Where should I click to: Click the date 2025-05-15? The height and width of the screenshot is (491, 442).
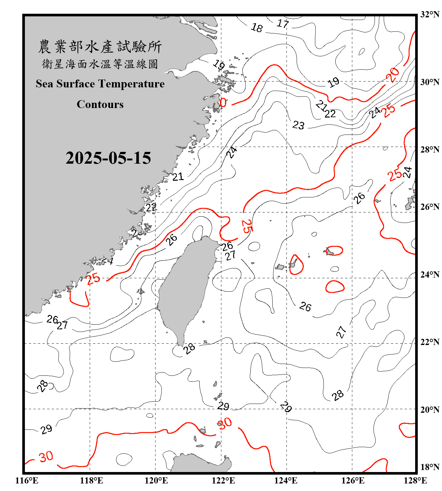(108, 158)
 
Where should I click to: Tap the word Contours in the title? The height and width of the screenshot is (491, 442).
(100, 104)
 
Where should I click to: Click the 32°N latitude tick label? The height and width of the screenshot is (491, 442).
(430, 14)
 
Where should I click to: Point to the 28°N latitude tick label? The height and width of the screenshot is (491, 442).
(430, 150)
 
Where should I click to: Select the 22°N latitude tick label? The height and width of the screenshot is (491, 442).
(430, 342)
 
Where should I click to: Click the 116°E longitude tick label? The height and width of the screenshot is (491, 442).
(27, 481)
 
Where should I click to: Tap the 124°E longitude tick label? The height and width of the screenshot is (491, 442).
(286, 481)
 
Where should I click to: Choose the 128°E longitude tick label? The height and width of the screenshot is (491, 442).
(415, 481)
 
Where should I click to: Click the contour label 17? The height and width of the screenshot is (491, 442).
(283, 24)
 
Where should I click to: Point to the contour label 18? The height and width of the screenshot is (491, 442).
(257, 28)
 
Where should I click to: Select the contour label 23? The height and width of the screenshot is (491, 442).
(298, 125)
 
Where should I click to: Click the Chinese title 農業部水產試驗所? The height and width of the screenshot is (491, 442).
(100, 47)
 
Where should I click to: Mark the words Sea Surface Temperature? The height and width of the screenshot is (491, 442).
(100, 84)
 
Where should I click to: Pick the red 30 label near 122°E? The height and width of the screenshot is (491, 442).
(225, 424)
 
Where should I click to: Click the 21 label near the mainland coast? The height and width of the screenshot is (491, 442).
(178, 177)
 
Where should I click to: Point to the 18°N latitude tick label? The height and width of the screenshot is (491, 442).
(430, 467)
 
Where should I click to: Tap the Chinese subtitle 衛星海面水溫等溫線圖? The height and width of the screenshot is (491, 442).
(100, 64)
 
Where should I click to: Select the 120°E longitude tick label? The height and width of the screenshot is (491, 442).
(156, 481)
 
